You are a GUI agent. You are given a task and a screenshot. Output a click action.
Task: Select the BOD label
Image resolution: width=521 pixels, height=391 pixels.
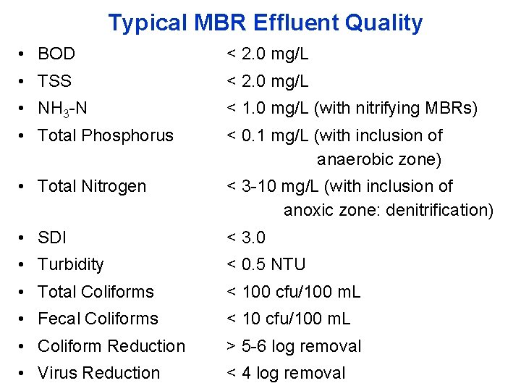pyautogui.click(x=56, y=54)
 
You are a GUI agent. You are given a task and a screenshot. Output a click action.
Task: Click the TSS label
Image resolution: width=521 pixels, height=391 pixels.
pyautogui.click(x=55, y=81)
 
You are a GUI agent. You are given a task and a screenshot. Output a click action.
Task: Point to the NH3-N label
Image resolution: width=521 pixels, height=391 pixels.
pyautogui.click(x=62, y=109)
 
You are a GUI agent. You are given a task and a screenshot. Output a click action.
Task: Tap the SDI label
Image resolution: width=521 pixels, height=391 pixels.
pyautogui.click(x=51, y=237)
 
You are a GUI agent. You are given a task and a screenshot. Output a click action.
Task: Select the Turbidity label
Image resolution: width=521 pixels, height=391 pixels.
pyautogui.click(x=71, y=264)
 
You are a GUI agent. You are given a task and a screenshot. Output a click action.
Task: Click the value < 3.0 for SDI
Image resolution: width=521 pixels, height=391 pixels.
pyautogui.click(x=246, y=237)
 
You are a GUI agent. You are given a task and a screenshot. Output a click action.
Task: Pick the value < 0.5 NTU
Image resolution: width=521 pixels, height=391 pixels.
pyautogui.click(x=266, y=264)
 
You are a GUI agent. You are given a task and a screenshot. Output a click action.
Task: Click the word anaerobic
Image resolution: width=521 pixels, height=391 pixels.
pyautogui.click(x=355, y=159)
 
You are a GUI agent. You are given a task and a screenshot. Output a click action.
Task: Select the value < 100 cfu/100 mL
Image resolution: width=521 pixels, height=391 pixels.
pyautogui.click(x=293, y=292)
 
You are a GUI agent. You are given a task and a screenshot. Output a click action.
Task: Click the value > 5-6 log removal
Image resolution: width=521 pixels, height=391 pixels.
pyautogui.click(x=294, y=346)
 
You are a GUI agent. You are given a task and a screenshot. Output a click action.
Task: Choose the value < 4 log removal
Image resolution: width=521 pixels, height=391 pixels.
pyautogui.click(x=286, y=373)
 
